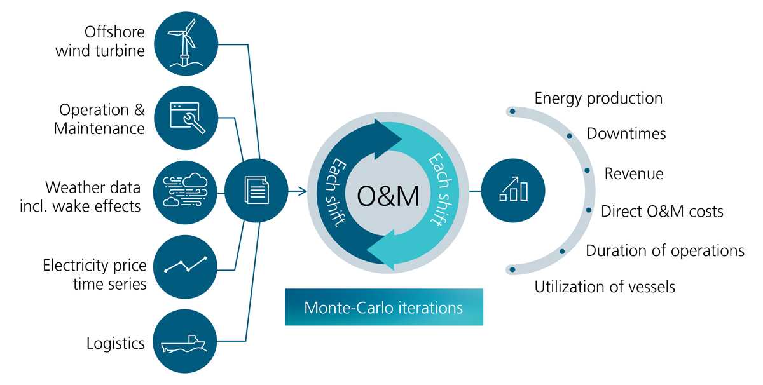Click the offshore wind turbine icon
186,43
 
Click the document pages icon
256,191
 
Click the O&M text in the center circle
388,196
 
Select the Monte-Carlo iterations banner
384,307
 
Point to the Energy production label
598,98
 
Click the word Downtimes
626,133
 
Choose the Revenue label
634,173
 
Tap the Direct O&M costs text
662,211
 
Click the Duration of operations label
665,250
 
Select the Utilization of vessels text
605,287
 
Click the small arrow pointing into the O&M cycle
298,191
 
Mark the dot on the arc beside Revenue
587,170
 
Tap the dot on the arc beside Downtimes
569,136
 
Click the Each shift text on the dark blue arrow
335,192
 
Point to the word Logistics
116,343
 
